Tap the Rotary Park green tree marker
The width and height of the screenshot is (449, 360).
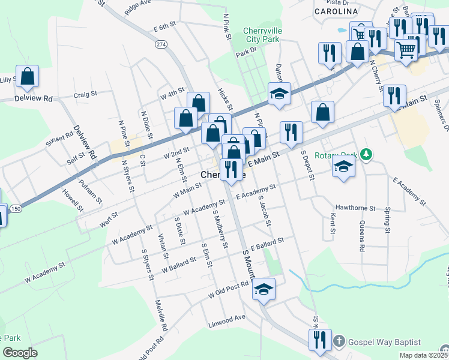(365, 155)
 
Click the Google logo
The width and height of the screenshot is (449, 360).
(19, 353)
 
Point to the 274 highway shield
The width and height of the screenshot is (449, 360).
(160, 44)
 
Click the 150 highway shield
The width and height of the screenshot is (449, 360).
(16, 208)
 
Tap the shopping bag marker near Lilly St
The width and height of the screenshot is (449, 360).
(27, 77)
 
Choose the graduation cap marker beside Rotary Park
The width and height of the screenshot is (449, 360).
(343, 166)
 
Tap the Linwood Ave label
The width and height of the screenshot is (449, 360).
(228, 317)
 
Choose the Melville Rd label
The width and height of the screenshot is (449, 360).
(160, 316)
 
